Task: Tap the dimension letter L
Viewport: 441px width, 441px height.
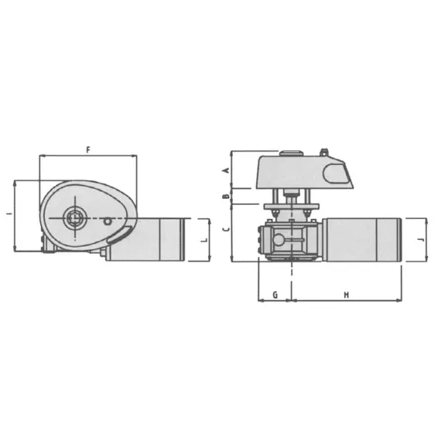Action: click(x=203, y=241)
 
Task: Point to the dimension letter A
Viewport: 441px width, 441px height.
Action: click(x=225, y=169)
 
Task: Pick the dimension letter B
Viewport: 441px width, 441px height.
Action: click(x=225, y=197)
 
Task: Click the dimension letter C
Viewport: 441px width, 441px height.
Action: click(x=225, y=230)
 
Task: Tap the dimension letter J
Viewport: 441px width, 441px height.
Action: click(x=419, y=241)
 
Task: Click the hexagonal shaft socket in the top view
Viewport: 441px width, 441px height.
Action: click(x=74, y=218)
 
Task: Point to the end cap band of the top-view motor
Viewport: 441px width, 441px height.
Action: click(x=183, y=241)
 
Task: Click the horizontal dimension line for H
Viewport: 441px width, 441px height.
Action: click(x=346, y=299)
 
